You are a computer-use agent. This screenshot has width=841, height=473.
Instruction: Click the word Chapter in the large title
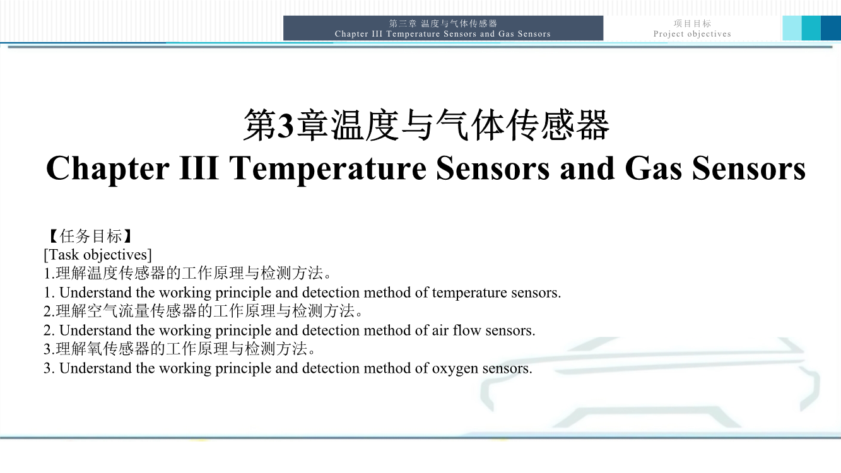point(108,169)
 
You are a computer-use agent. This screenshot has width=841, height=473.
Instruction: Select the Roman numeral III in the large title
point(199,168)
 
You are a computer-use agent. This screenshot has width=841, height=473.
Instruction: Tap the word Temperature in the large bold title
point(328,169)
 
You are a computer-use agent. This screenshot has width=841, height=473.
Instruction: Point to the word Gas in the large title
point(653,168)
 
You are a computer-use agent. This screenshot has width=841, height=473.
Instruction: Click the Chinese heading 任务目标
point(91,236)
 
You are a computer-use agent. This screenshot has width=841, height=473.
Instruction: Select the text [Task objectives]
point(98,255)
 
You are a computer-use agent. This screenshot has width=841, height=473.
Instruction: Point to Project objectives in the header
point(692,34)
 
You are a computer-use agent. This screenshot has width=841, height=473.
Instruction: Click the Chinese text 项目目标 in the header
point(692,24)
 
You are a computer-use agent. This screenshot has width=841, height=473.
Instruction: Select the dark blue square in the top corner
point(831,28)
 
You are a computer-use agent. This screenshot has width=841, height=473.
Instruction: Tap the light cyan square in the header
point(792,28)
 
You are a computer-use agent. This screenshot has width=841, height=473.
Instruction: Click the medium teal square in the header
point(811,28)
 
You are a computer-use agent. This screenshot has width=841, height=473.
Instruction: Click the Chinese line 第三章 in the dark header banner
point(403,24)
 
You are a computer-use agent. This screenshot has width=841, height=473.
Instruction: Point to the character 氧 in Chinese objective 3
point(95,349)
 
